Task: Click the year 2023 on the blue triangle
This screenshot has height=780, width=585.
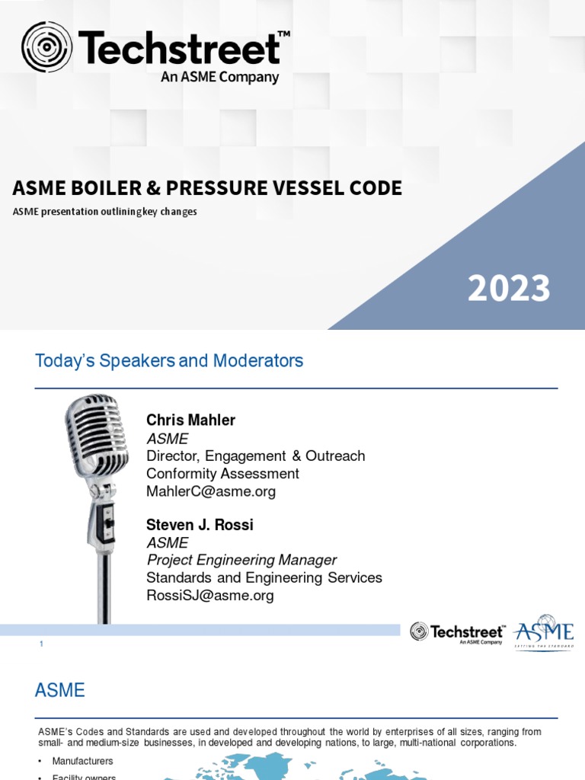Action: click(509, 289)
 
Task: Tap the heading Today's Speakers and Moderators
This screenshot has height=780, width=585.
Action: click(169, 361)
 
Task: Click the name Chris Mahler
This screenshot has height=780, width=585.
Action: click(190, 420)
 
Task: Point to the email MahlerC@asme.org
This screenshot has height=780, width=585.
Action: click(211, 491)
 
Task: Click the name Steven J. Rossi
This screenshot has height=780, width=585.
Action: click(200, 526)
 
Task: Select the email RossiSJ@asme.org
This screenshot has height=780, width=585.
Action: click(209, 596)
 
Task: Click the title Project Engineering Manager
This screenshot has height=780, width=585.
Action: click(241, 561)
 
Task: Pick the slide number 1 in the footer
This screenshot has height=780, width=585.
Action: click(41, 644)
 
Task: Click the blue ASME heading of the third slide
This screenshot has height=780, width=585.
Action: click(60, 691)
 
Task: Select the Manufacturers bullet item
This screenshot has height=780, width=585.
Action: click(82, 761)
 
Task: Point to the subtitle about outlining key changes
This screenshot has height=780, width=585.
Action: click(104, 212)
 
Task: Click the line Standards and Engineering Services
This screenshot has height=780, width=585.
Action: click(264, 578)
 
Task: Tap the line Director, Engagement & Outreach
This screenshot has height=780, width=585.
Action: click(255, 456)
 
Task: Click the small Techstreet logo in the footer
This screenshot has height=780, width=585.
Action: click(457, 632)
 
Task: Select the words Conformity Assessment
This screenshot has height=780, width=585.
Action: click(222, 474)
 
